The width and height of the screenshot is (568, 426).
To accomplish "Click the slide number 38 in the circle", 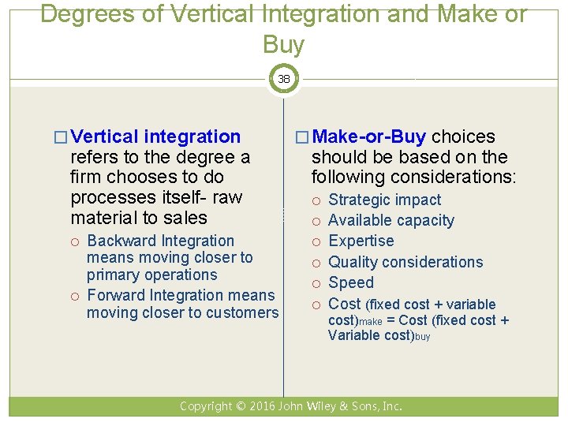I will [283, 79].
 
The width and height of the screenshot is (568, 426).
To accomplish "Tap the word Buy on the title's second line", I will [283, 45].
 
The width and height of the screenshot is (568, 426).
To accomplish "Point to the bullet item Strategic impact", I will [384, 200].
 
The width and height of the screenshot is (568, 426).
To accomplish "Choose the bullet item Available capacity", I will [390, 220].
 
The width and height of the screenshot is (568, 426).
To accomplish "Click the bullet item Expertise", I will [361, 241].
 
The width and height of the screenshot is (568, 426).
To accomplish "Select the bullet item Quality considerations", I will [405, 262].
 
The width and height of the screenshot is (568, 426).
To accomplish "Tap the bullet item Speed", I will [351, 282].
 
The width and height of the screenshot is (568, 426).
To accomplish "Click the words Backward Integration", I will [160, 241].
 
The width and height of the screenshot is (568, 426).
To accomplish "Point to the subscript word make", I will [372, 323].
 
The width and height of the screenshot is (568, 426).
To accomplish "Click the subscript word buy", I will [422, 337].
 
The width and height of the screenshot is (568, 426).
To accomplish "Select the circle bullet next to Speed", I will [317, 283].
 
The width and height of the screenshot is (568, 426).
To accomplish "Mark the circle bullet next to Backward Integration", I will [76, 241].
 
